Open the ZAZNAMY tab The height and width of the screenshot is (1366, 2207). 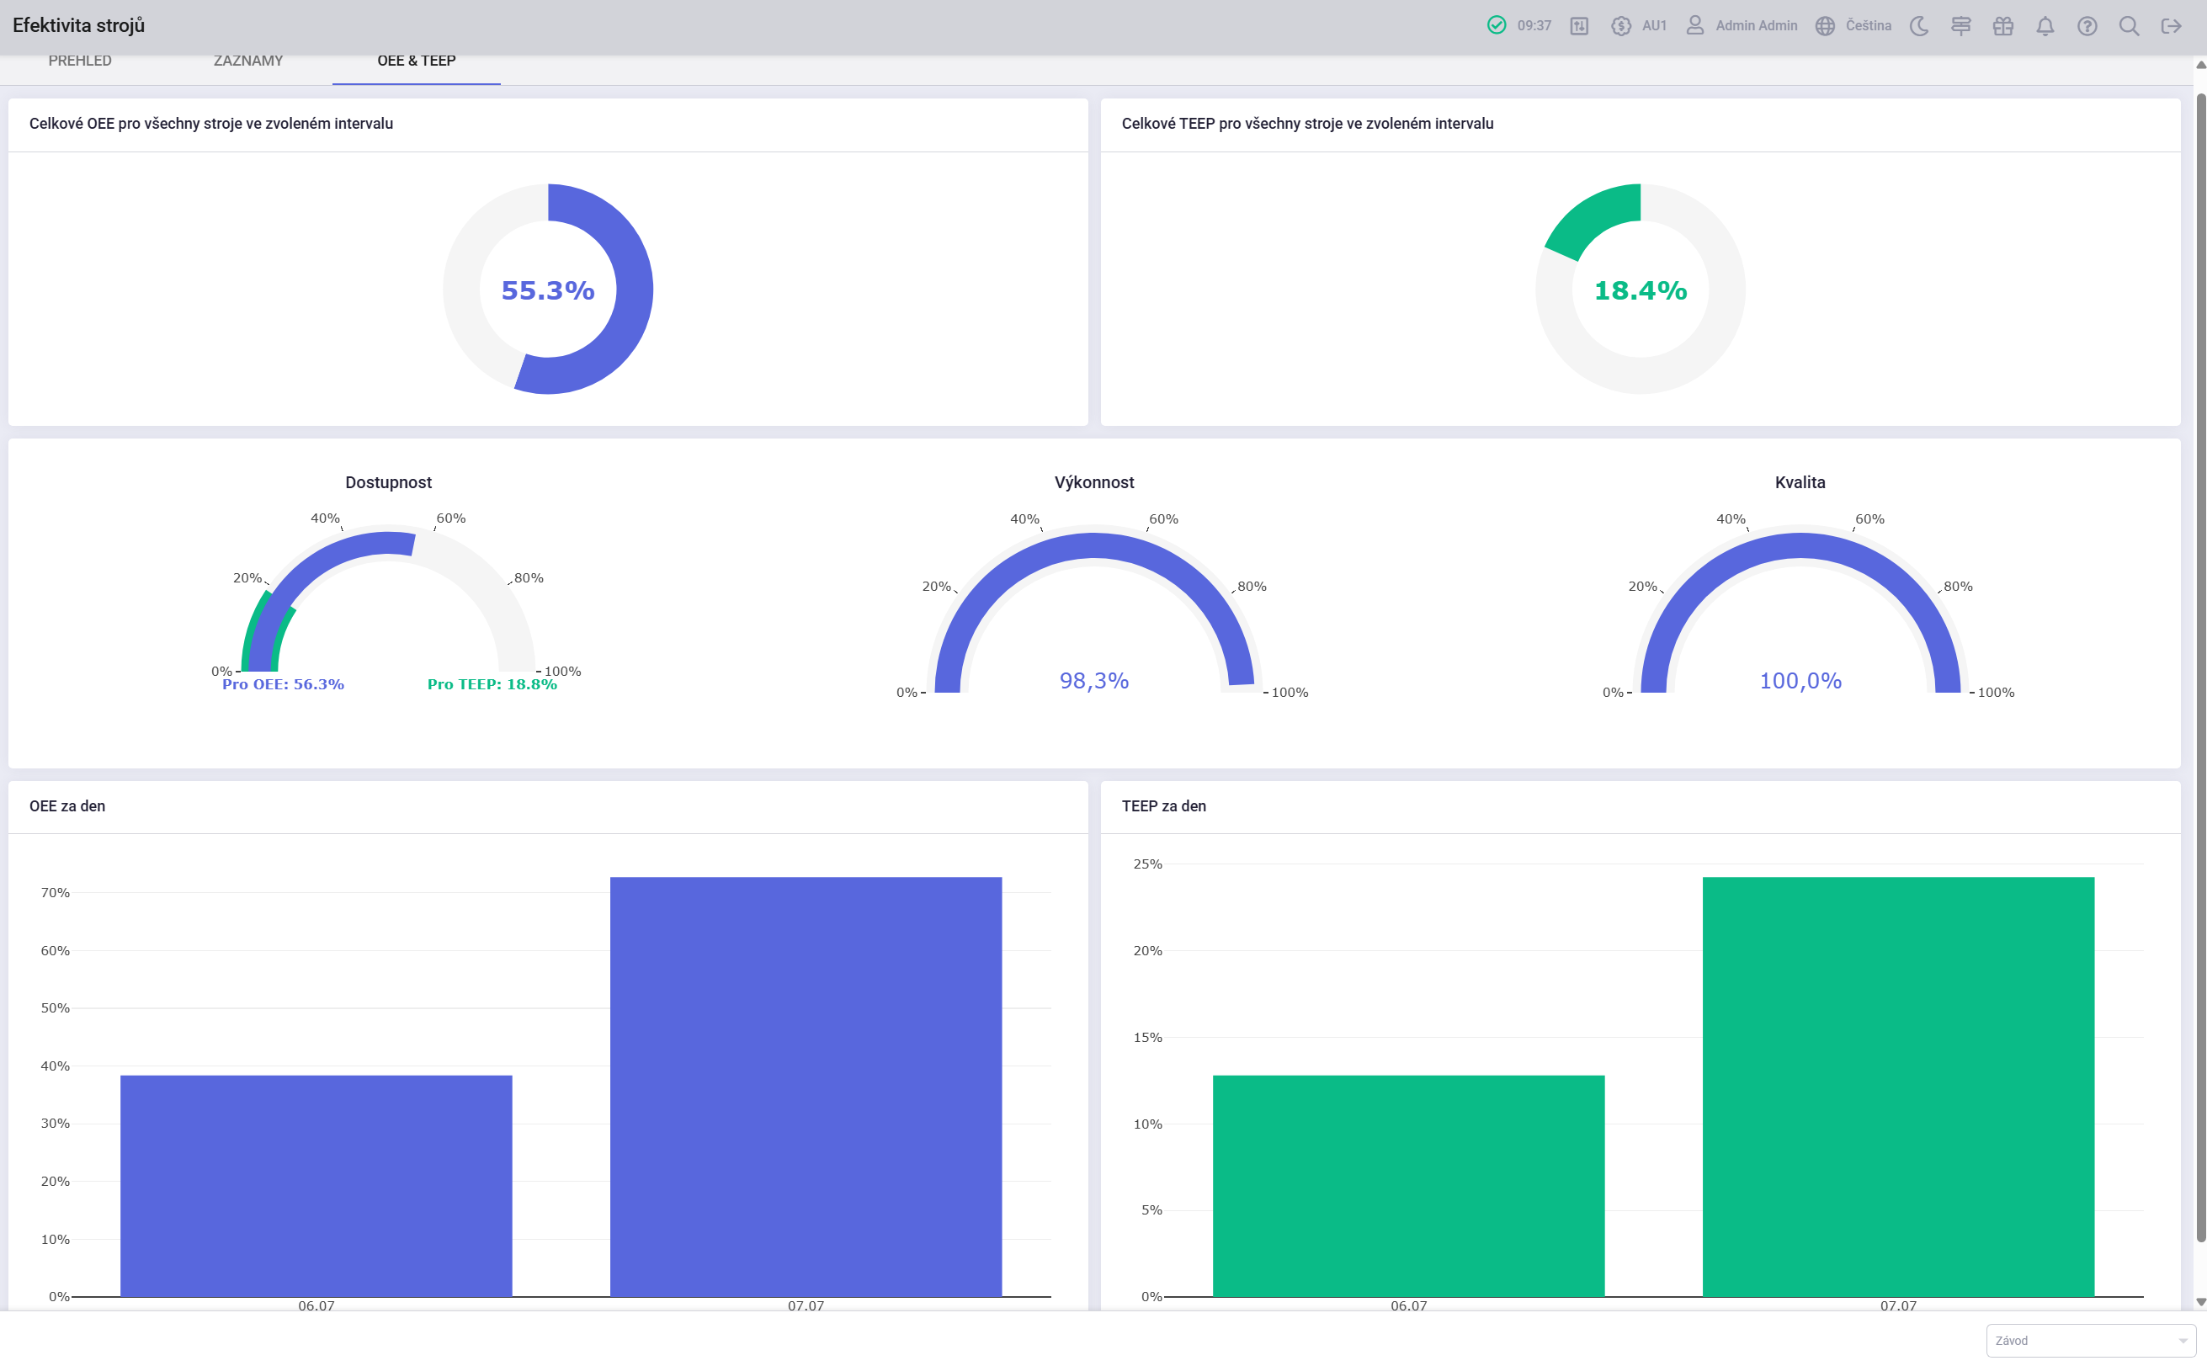coord(248,61)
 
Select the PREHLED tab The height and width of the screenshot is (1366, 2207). coord(81,61)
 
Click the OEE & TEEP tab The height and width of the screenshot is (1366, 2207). coord(417,61)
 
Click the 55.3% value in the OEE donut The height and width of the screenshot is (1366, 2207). coord(547,290)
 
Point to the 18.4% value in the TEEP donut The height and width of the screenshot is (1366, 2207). coord(1640,290)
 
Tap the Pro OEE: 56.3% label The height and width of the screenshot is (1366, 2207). coord(283,684)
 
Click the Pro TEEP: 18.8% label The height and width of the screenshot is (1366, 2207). coord(492,684)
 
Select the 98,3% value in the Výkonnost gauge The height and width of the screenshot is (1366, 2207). coord(1094,680)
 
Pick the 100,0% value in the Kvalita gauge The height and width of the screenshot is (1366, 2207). coord(1800,680)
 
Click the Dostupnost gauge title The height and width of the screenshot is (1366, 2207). coord(389,482)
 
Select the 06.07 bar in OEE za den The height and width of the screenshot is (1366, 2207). coord(316,1185)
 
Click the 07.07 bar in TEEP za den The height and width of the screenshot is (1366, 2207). coord(1898,1087)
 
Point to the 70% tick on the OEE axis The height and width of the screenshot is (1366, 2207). coord(55,893)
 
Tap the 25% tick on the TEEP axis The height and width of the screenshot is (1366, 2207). coord(1147,864)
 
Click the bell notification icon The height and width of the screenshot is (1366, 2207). coord(2045,26)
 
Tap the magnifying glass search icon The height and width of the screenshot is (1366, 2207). coord(2130,26)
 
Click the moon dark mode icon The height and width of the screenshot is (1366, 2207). coord(1920,26)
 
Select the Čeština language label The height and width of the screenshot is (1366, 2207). coord(1869,25)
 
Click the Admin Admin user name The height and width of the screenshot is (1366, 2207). coord(1756,25)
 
